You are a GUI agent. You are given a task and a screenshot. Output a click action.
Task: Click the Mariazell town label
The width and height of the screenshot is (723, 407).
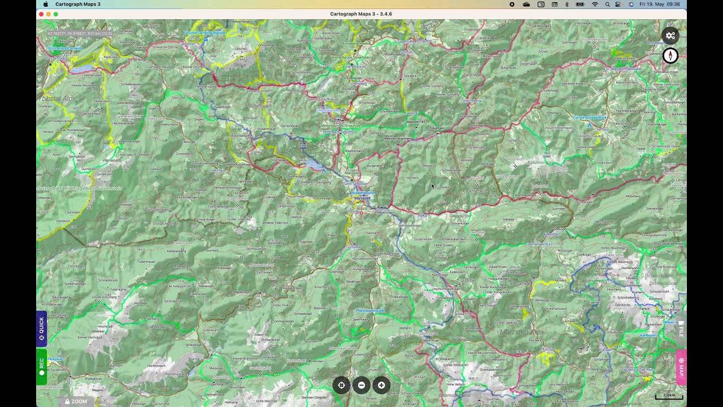click(x=362, y=198)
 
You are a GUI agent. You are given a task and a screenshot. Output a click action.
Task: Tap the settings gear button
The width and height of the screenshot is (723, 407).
click(x=670, y=36)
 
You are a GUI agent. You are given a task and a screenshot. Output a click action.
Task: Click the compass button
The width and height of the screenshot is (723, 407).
click(x=670, y=56)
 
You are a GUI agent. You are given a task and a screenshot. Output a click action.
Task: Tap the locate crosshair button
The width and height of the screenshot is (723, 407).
click(x=341, y=386)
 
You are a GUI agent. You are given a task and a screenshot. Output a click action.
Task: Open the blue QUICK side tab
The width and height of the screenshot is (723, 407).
click(x=41, y=328)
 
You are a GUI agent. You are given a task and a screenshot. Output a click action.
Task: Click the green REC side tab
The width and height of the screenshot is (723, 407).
click(x=41, y=366)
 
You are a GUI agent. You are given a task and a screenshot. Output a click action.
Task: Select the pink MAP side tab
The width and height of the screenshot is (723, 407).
click(x=681, y=367)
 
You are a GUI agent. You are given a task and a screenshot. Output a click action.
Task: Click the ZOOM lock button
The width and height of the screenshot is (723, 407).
click(x=76, y=401)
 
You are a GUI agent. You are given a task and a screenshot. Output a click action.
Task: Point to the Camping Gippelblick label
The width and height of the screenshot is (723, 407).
click(x=590, y=118)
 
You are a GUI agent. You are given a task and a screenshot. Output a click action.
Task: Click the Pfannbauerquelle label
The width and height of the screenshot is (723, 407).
click(x=371, y=310)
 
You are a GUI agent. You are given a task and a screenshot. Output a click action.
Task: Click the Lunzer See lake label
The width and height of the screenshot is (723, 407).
click(x=81, y=68)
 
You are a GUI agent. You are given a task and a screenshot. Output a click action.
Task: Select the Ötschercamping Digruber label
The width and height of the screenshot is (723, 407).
click(x=206, y=33)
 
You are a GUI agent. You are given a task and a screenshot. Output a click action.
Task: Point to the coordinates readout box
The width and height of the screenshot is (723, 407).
click(x=80, y=33)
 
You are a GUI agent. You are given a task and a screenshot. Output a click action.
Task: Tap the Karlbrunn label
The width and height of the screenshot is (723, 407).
click(x=648, y=335)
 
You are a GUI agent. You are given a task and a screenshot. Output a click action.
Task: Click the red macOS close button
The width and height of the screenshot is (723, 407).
click(x=41, y=14)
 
